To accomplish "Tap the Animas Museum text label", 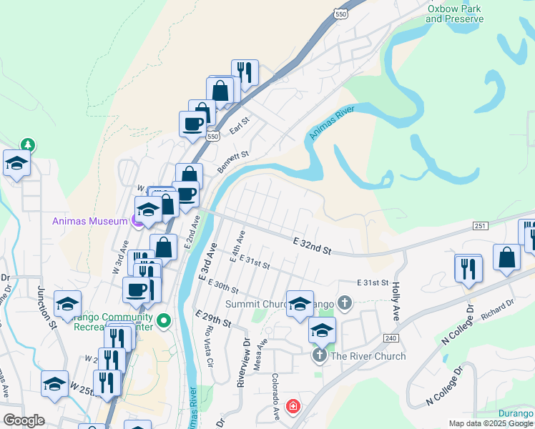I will coord(89,221).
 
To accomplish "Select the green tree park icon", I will coord(28,144).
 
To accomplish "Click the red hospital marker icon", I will coord(293,407).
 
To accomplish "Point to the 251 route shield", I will coord(480,226).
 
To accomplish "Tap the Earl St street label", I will coord(238,127).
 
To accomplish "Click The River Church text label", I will coord(368,356).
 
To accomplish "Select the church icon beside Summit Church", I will coord(344,302).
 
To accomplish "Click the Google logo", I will coord(24,420).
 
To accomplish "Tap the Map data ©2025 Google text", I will coord(491,423).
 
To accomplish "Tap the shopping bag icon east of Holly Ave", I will coord(506,260).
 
